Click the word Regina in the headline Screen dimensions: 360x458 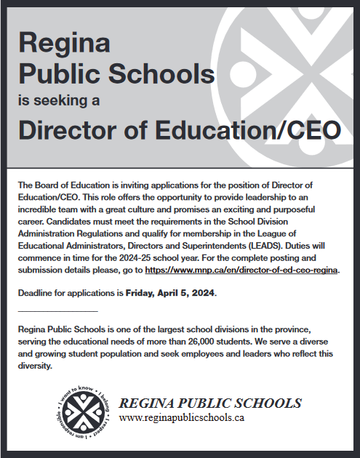pos(65,44)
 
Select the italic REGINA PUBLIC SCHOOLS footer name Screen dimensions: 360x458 pos(210,403)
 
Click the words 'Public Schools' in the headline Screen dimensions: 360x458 pos(116,73)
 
